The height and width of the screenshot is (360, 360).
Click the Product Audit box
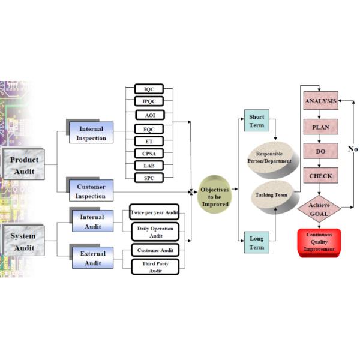click(x=24, y=164)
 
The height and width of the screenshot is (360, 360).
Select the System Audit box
click(x=24, y=241)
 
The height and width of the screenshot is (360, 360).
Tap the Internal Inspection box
click(x=91, y=133)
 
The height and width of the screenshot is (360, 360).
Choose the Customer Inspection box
click(x=91, y=191)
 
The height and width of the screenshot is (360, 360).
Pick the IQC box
click(x=149, y=89)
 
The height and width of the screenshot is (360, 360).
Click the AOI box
click(x=150, y=115)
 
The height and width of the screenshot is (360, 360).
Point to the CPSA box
click(x=149, y=154)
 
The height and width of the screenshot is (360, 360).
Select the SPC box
click(x=149, y=178)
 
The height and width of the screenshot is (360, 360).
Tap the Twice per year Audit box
click(x=154, y=212)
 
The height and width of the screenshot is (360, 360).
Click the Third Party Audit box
click(x=155, y=267)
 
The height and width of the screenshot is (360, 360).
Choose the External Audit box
click(x=93, y=257)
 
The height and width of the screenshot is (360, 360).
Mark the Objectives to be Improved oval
click(x=215, y=194)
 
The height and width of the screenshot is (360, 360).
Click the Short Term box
click(x=256, y=121)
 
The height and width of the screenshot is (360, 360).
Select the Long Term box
click(x=256, y=242)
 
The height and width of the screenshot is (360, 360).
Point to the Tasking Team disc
click(x=275, y=197)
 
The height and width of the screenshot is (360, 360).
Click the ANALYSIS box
click(x=321, y=101)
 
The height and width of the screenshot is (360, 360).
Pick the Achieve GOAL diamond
click(x=319, y=209)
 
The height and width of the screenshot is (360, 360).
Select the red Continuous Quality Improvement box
click(x=319, y=242)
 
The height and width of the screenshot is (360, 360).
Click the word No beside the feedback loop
click(x=353, y=149)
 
